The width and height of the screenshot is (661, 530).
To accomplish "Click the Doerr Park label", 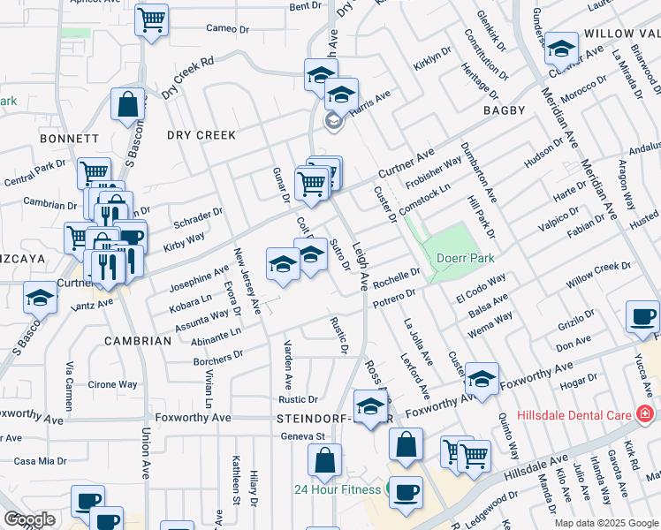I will (x=464, y=258).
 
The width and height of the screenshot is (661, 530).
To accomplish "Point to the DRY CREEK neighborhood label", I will (x=201, y=135).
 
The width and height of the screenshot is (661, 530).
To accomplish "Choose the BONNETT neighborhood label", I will (x=69, y=139).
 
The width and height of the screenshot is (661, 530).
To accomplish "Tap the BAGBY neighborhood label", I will (x=504, y=110).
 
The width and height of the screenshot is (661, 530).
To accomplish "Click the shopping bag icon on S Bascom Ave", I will (x=128, y=104).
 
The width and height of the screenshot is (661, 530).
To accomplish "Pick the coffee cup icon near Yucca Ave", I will (x=642, y=317).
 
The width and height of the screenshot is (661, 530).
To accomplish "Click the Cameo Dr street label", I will (x=229, y=27).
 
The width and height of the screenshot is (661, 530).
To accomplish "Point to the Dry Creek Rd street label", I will (x=187, y=78).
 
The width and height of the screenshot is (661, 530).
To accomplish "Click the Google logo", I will (x=29, y=519).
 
